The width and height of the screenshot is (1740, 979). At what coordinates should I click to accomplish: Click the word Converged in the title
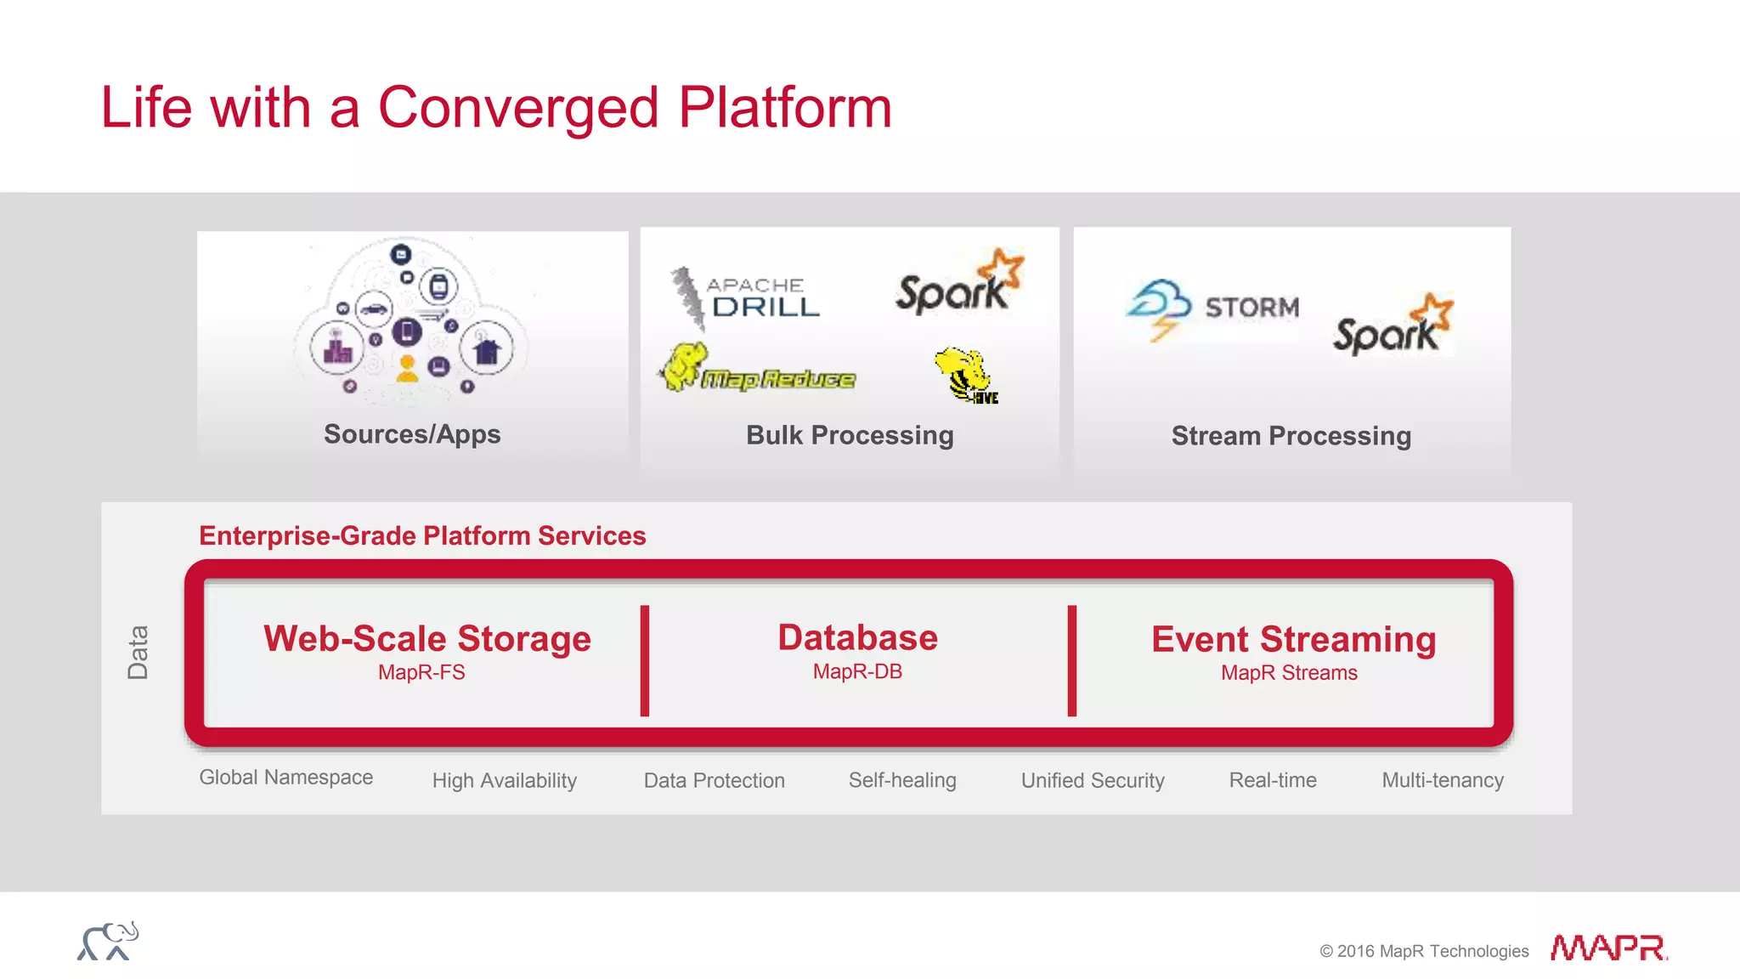point(518,108)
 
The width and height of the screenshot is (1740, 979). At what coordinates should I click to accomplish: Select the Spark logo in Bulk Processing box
point(958,285)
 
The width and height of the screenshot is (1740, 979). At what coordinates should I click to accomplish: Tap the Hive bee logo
point(967,375)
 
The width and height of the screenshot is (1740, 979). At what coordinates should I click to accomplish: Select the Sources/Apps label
point(412,434)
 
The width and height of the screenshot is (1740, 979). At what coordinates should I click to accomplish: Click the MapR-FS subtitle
point(421,672)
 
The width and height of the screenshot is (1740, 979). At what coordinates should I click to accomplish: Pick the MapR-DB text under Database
point(857,671)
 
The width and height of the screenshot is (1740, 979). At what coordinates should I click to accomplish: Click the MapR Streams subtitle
point(1289,672)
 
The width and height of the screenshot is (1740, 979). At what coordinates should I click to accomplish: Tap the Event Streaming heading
point(1293,639)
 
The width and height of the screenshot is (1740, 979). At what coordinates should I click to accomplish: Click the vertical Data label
point(138,652)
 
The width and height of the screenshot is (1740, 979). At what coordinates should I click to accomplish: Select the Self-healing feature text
point(902,780)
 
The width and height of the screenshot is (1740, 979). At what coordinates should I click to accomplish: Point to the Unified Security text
point(1093,780)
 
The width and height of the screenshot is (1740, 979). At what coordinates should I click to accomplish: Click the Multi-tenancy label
point(1443,780)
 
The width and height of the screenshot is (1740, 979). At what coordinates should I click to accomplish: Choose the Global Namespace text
point(286,778)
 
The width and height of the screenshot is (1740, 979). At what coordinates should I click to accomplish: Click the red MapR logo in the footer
point(1607,947)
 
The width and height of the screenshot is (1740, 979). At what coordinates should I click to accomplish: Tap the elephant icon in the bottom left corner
point(108,942)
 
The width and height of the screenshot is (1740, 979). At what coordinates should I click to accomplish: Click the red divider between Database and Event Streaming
point(1072,660)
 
